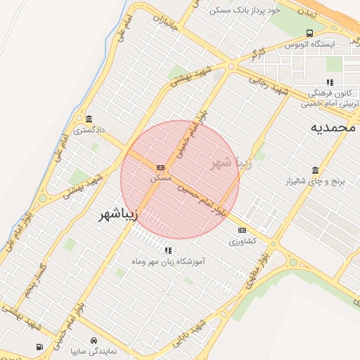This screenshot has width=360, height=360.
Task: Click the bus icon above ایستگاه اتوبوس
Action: pos(310,33)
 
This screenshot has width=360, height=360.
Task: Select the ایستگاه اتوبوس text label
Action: pos(309,44)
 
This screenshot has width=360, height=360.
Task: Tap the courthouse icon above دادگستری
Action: pos(89,119)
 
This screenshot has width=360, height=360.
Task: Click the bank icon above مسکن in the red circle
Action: pos(161,168)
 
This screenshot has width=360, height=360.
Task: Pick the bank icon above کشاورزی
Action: pos(243,230)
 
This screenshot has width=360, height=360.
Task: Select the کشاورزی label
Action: pos(243,241)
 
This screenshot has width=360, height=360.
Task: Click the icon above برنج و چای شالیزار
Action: pos(314,170)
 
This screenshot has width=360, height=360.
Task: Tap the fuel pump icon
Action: pos(39,347)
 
